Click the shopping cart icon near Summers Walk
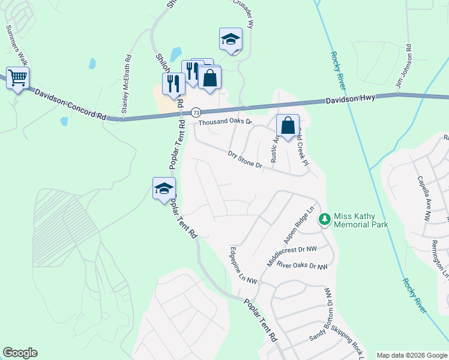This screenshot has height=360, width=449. tap(18, 77)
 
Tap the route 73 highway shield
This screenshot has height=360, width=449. tap(196, 112)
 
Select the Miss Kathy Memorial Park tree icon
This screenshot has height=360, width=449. tap(325, 219)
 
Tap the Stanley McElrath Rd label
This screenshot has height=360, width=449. tap(126, 85)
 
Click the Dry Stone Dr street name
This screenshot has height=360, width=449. tap(246, 160)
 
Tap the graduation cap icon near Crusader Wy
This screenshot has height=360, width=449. tap(231, 40)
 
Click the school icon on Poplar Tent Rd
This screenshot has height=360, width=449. tap(164, 190)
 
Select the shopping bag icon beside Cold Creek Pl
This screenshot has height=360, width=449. tap(288, 127)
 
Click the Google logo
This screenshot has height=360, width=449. tap(20, 353)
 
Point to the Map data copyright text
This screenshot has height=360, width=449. tap(411, 355)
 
